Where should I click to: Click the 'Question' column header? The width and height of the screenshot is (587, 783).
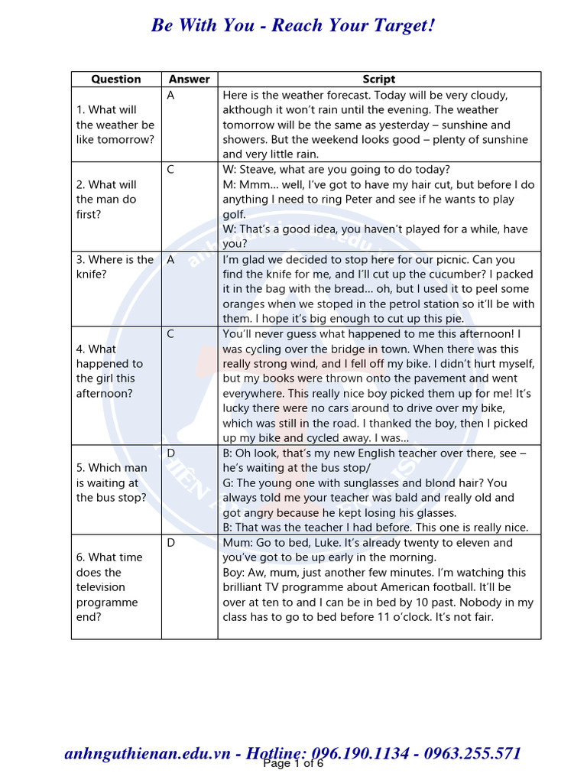coord(116,80)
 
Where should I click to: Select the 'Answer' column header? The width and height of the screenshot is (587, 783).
coord(189,80)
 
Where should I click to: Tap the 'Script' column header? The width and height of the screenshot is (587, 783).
coord(379,80)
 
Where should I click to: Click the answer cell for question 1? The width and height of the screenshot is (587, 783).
coord(170,96)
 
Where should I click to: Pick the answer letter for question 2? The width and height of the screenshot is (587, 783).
coord(170,170)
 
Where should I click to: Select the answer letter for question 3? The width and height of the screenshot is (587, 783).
coord(170,260)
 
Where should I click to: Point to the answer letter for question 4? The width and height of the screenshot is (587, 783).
coord(170,334)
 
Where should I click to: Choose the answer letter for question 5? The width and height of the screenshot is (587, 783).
coord(170,453)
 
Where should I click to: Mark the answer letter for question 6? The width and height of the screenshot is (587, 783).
coord(170,543)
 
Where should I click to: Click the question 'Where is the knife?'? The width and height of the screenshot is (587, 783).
coord(115,267)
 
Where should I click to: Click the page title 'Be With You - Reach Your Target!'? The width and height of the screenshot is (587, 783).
coord(293,25)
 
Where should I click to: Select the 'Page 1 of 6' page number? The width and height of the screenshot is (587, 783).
coord(293,764)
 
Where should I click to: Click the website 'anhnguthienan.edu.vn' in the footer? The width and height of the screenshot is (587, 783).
coord(148,754)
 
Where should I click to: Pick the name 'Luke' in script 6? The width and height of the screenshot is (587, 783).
coord(326,543)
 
